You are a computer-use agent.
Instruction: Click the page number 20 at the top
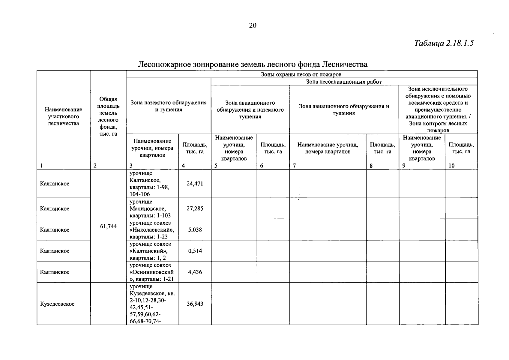click(253, 25)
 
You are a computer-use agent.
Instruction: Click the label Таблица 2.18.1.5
click(444, 43)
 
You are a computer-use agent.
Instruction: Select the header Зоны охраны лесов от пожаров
click(301, 74)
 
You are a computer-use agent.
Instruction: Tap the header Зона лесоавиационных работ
click(344, 82)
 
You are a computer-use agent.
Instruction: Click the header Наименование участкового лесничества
click(63, 116)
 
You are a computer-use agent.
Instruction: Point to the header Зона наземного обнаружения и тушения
click(169, 106)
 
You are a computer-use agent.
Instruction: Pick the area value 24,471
click(195, 184)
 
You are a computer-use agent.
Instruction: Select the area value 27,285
click(195, 208)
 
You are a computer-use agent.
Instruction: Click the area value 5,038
click(195, 230)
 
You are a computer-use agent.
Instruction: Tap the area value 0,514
click(195, 251)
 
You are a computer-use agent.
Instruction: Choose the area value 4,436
click(195, 272)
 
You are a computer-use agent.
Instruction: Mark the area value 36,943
click(195, 304)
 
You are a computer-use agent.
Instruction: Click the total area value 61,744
click(108, 226)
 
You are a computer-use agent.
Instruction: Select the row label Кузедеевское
click(57, 304)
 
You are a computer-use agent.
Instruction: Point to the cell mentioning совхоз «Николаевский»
click(152, 230)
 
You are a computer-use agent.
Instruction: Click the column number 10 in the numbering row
click(451, 166)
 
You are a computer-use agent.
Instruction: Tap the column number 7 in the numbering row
click(295, 166)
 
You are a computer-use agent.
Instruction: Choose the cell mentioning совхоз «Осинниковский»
click(152, 272)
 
